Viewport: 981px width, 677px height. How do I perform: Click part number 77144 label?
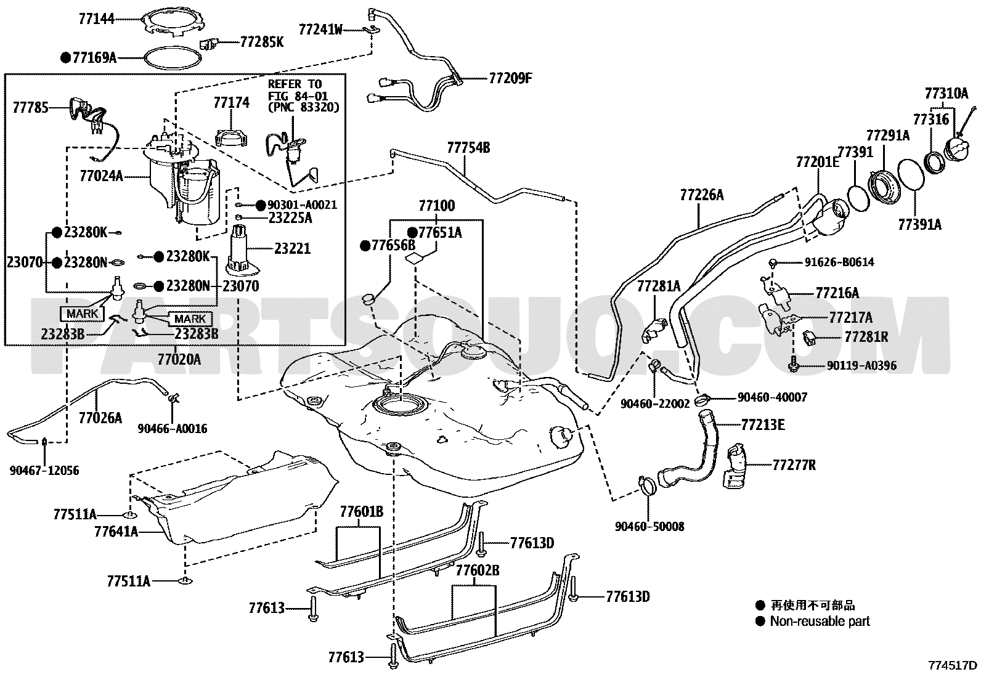96,19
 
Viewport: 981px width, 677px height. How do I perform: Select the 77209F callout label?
510,78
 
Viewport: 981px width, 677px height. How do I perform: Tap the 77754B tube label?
468,148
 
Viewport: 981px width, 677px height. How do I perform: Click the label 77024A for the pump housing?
102,176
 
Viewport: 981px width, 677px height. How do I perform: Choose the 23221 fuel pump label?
292,249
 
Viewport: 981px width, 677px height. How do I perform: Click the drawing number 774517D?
952,666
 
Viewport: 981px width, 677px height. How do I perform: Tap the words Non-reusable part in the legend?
820,622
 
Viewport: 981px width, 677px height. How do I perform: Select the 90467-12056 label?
44,471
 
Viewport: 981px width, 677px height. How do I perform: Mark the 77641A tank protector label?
116,532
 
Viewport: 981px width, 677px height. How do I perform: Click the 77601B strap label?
362,511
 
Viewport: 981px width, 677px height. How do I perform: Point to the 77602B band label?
478,570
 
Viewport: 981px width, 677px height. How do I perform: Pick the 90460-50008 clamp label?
649,526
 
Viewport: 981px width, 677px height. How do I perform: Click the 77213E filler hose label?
763,424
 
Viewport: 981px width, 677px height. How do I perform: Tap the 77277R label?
794,464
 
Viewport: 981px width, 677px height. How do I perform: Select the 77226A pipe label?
702,195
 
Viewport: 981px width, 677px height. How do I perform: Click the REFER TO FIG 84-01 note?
303,96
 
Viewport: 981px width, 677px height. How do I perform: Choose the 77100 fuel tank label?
437,205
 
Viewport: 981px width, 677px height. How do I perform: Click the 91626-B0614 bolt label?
839,262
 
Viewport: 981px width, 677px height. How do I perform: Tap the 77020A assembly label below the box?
179,360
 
